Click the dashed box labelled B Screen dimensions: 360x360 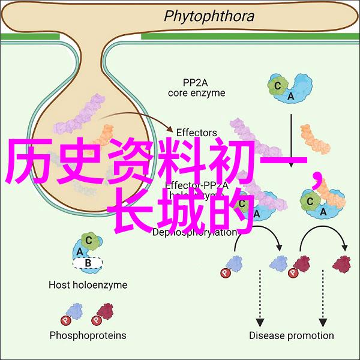pyautogui.click(x=87, y=262)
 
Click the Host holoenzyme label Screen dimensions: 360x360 pyautogui.click(x=88, y=285)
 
